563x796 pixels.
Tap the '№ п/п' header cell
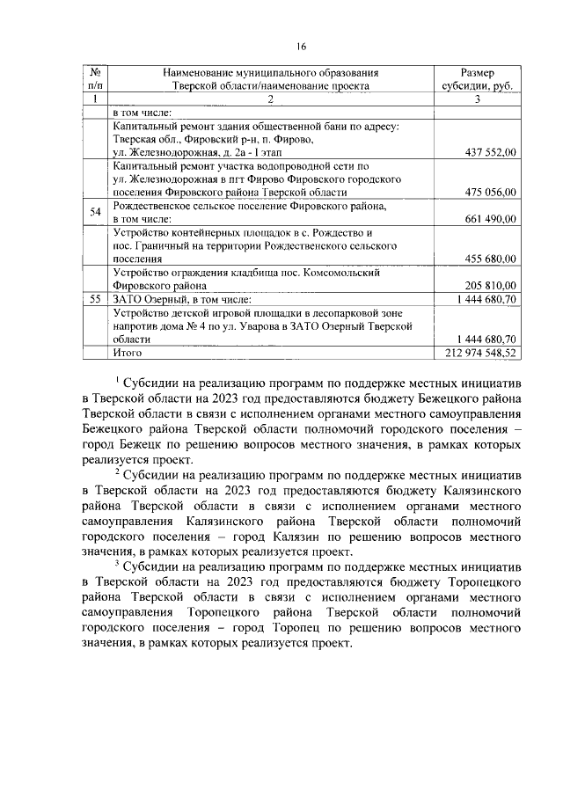pyautogui.click(x=94, y=78)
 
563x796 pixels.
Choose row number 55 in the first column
pyautogui.click(x=94, y=299)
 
